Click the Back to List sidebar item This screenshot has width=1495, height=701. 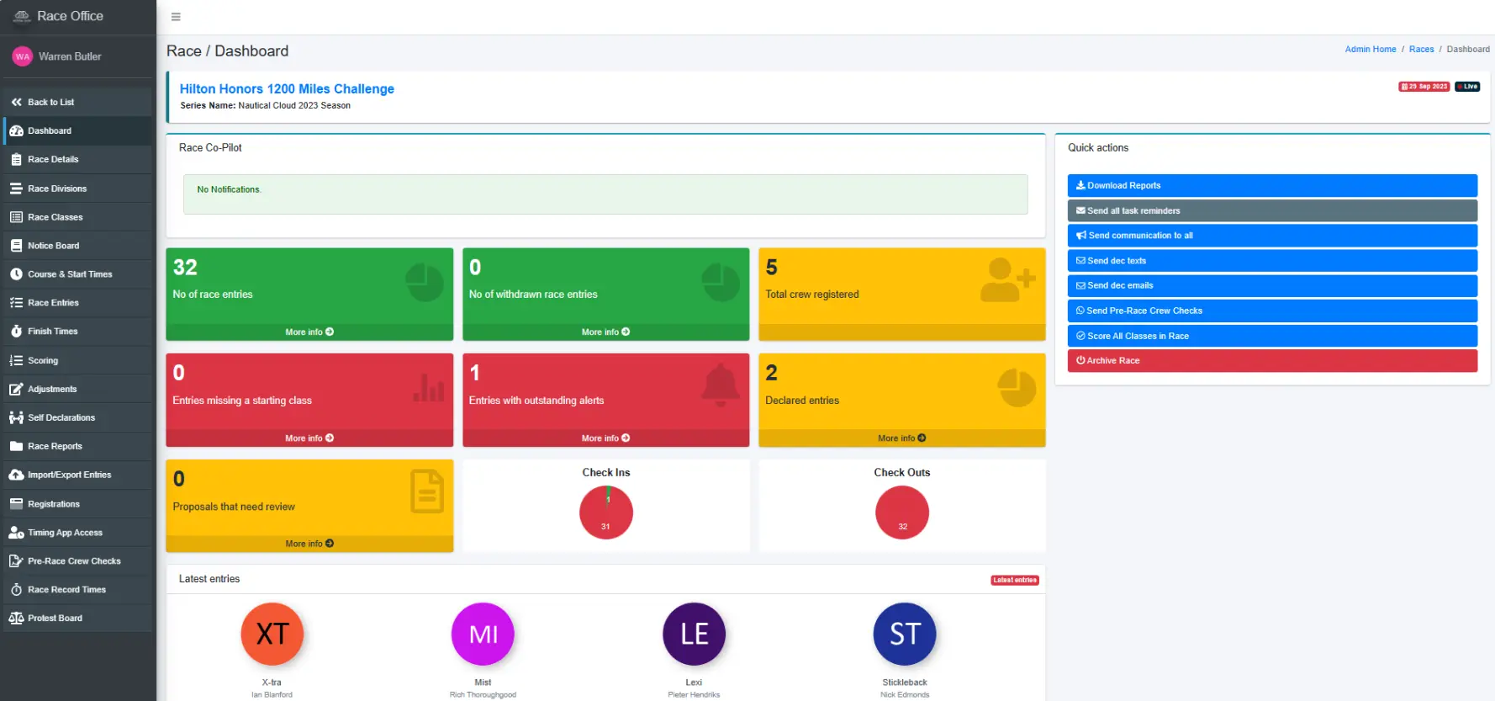50,102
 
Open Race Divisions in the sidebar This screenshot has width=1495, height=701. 56,189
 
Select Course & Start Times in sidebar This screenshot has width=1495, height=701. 69,274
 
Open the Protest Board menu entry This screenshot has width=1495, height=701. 55,618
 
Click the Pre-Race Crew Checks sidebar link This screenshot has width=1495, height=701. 74,561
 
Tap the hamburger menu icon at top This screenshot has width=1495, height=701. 176,17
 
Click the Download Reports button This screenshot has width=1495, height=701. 1271,185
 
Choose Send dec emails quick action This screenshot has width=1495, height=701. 1271,285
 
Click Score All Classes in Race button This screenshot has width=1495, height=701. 1271,336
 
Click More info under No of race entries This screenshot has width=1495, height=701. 309,332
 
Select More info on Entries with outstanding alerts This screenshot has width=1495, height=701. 605,438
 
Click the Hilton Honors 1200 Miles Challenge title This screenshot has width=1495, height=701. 287,89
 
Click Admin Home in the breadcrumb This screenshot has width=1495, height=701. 1370,50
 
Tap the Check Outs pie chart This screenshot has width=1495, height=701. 901,512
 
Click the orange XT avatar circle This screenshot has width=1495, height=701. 272,634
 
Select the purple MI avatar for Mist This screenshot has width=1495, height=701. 483,634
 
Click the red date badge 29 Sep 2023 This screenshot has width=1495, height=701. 1424,87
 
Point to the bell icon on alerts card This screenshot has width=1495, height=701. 720,385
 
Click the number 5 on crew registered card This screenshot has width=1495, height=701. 771,268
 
